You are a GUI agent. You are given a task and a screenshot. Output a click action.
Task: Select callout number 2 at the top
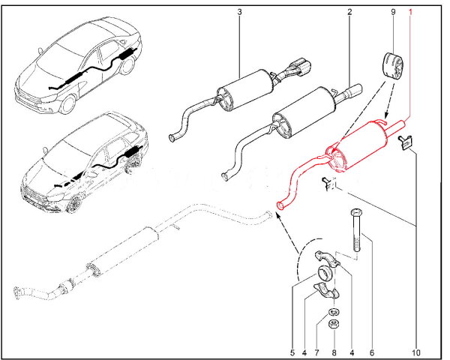click(x=349, y=13)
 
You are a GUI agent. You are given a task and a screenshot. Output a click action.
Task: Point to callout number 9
click(x=393, y=13)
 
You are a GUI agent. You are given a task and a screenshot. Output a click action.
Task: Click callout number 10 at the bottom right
click(x=417, y=351)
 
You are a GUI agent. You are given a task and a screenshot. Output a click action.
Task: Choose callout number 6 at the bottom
click(x=370, y=351)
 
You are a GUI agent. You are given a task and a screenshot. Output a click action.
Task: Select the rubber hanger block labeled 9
click(x=393, y=65)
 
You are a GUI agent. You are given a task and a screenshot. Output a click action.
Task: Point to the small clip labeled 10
click(x=406, y=143)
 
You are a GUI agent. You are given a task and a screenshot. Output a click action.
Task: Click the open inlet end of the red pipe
click(x=280, y=202)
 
